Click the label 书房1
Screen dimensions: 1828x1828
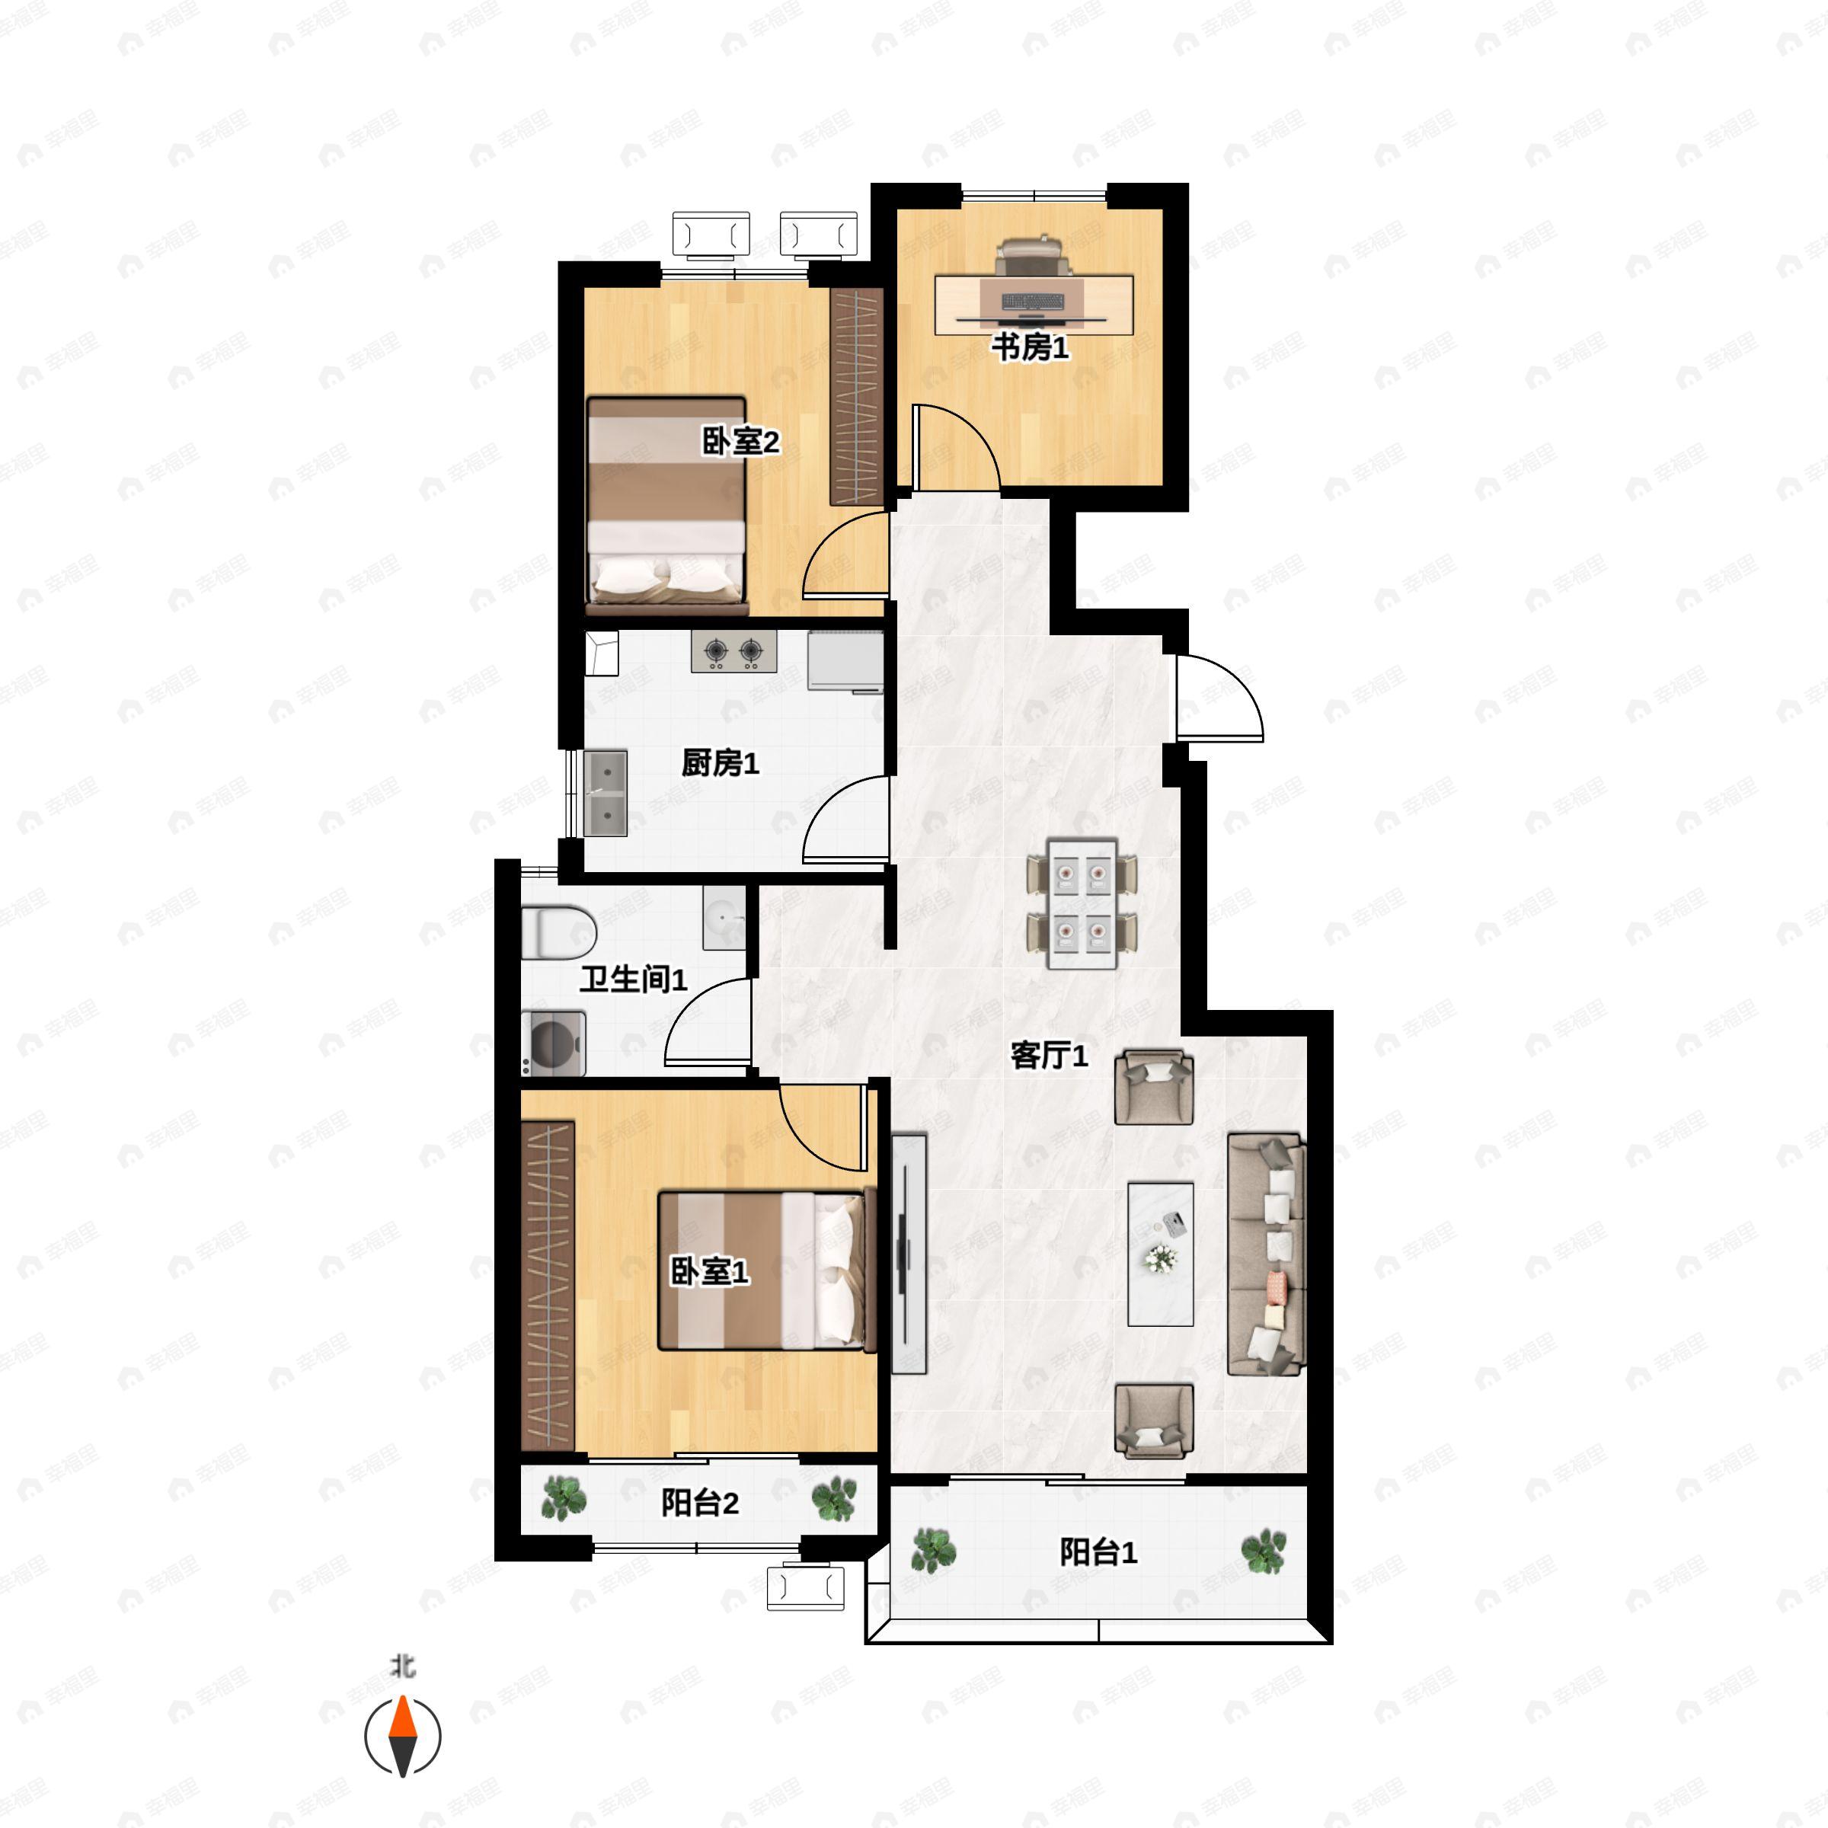pos(1030,347)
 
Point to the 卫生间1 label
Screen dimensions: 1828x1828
pos(633,980)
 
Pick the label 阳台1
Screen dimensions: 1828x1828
pos(1098,1552)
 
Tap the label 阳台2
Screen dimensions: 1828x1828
pos(699,1503)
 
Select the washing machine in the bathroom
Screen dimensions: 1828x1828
pos(552,1043)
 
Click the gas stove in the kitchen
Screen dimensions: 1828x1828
pos(733,651)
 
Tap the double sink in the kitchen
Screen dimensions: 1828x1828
pos(606,793)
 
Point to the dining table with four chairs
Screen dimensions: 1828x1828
pos(1082,903)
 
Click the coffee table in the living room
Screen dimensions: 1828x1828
pos(1160,1254)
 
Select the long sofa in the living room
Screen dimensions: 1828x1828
pos(1267,1254)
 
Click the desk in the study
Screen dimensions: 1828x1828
pos(1034,304)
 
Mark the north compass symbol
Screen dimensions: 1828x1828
pos(403,1737)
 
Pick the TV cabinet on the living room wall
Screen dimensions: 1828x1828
pos(909,1254)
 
